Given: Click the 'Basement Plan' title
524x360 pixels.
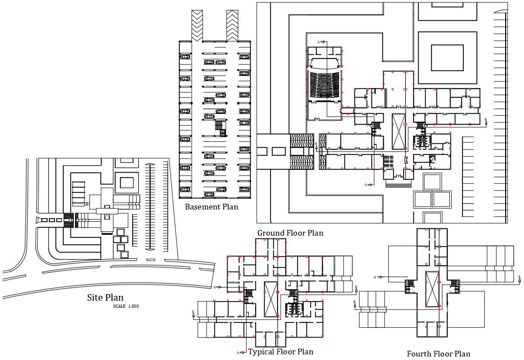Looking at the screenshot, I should coord(212,207).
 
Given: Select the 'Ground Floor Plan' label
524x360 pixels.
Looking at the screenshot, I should coord(290,233).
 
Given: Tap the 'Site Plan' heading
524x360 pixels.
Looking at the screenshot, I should coord(105,298).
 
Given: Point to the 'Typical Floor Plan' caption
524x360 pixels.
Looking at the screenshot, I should coord(281,352).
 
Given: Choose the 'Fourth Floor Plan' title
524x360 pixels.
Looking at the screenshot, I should coord(438,354).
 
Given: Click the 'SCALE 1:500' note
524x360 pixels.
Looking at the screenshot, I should coord(126,306).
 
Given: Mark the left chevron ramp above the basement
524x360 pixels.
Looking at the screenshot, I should coord(197,25).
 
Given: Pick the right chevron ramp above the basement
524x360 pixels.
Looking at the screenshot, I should coord(232,25).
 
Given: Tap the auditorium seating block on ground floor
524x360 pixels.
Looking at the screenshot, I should coord(324,85).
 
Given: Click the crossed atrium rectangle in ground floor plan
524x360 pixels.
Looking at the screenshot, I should coord(399,131).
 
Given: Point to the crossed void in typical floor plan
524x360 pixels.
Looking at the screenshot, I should coord(271,299).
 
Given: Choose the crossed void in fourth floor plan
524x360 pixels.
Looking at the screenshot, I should coord(432,288).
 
